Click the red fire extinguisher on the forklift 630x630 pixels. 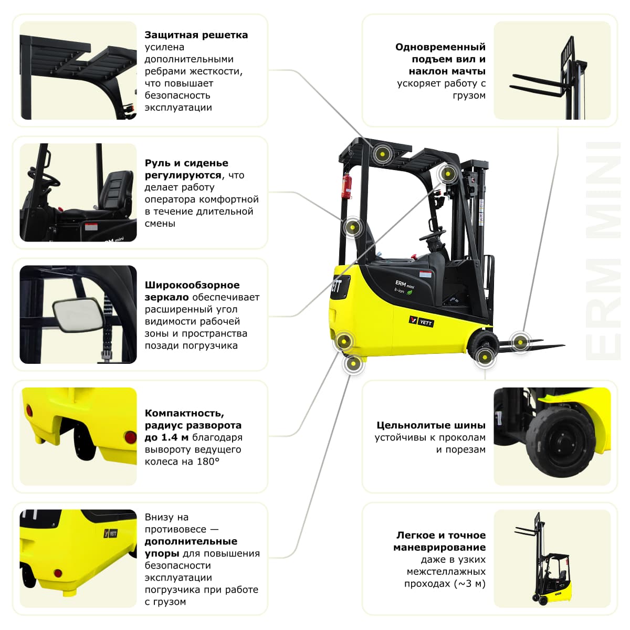tap(346, 186)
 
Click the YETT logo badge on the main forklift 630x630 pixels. tap(421, 321)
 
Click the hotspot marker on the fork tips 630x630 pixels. tap(520, 342)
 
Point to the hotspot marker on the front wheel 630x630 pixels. tap(485, 357)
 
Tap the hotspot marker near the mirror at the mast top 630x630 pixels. tap(447, 174)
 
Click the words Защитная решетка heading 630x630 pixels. tap(196, 35)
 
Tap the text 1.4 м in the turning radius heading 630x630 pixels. tap(174, 437)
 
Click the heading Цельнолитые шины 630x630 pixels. tap(430, 425)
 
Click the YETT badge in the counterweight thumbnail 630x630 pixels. tap(110, 533)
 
